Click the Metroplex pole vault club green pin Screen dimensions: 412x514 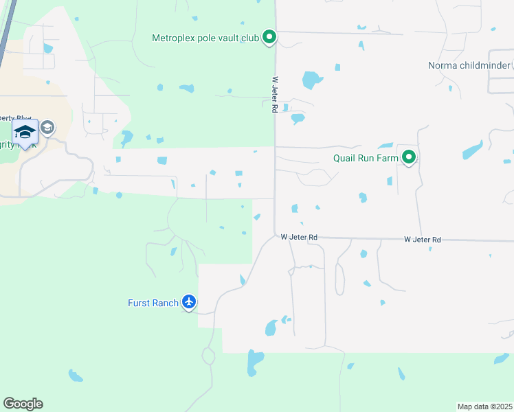[x=270, y=37]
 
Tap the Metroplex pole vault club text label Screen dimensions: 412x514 [x=205, y=38]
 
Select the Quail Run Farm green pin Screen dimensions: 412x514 [x=410, y=158]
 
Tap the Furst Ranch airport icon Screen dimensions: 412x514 [x=190, y=301]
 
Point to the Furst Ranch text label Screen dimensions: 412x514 [x=153, y=302]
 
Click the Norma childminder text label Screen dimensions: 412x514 [x=469, y=65]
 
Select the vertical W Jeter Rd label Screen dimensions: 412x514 [x=274, y=94]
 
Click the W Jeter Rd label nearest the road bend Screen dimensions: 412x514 [x=299, y=237]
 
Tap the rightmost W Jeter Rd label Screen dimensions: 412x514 [x=422, y=239]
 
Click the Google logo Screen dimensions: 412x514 [x=23, y=404]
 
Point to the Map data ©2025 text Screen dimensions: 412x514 [x=484, y=407]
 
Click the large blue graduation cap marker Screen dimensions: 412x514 [x=25, y=133]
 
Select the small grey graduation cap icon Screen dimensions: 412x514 [x=47, y=127]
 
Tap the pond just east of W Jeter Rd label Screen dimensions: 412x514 [x=312, y=80]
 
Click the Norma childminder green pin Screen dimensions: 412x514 [x=513, y=65]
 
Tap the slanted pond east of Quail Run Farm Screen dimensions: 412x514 [x=472, y=149]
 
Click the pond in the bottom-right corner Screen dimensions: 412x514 [x=502, y=359]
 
